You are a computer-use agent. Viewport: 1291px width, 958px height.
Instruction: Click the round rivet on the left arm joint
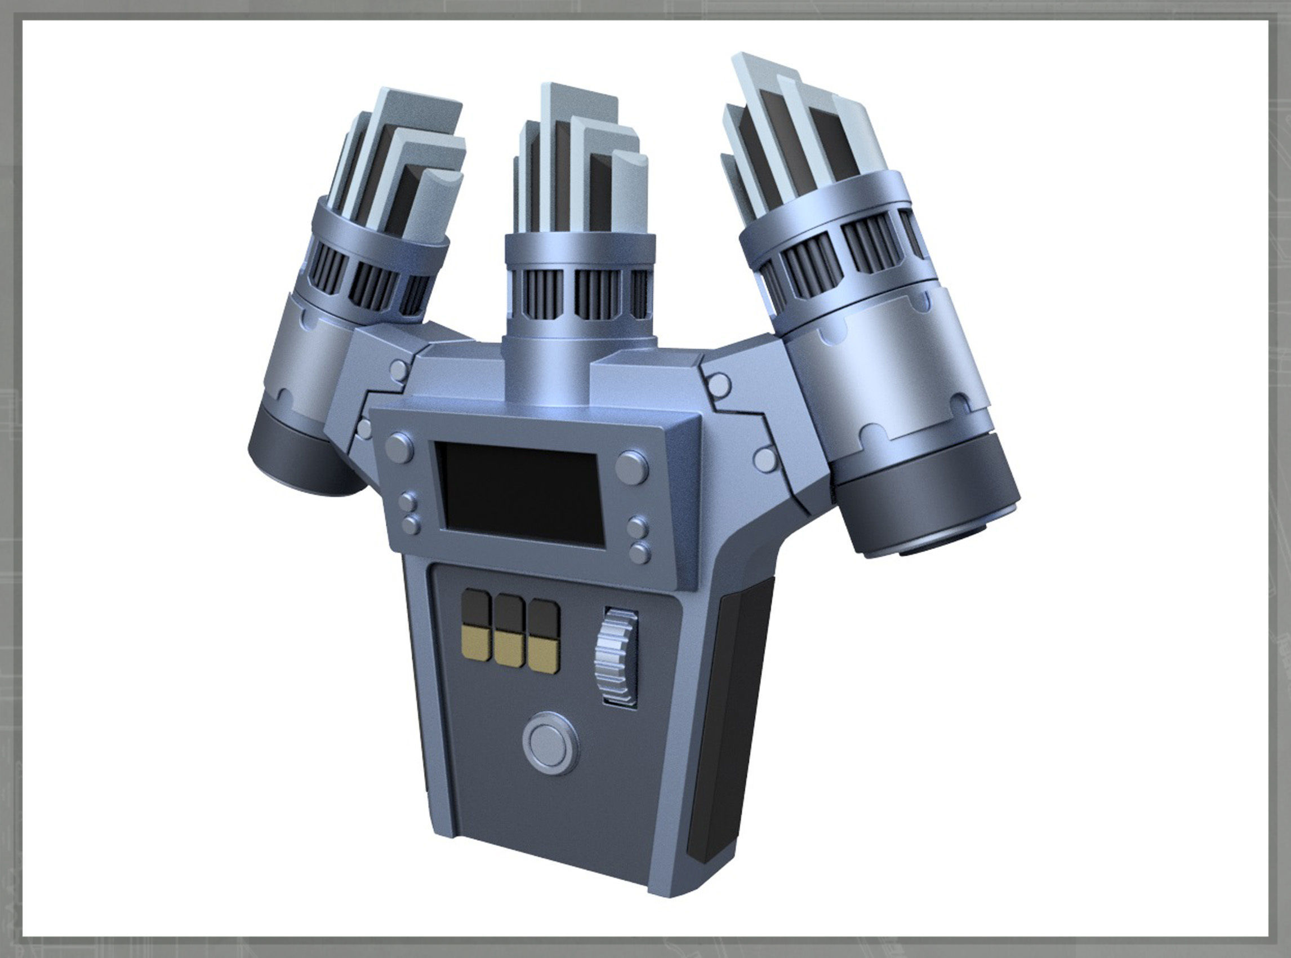pos(400,367)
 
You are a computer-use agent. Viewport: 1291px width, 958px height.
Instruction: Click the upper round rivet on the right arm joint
pos(719,382)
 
